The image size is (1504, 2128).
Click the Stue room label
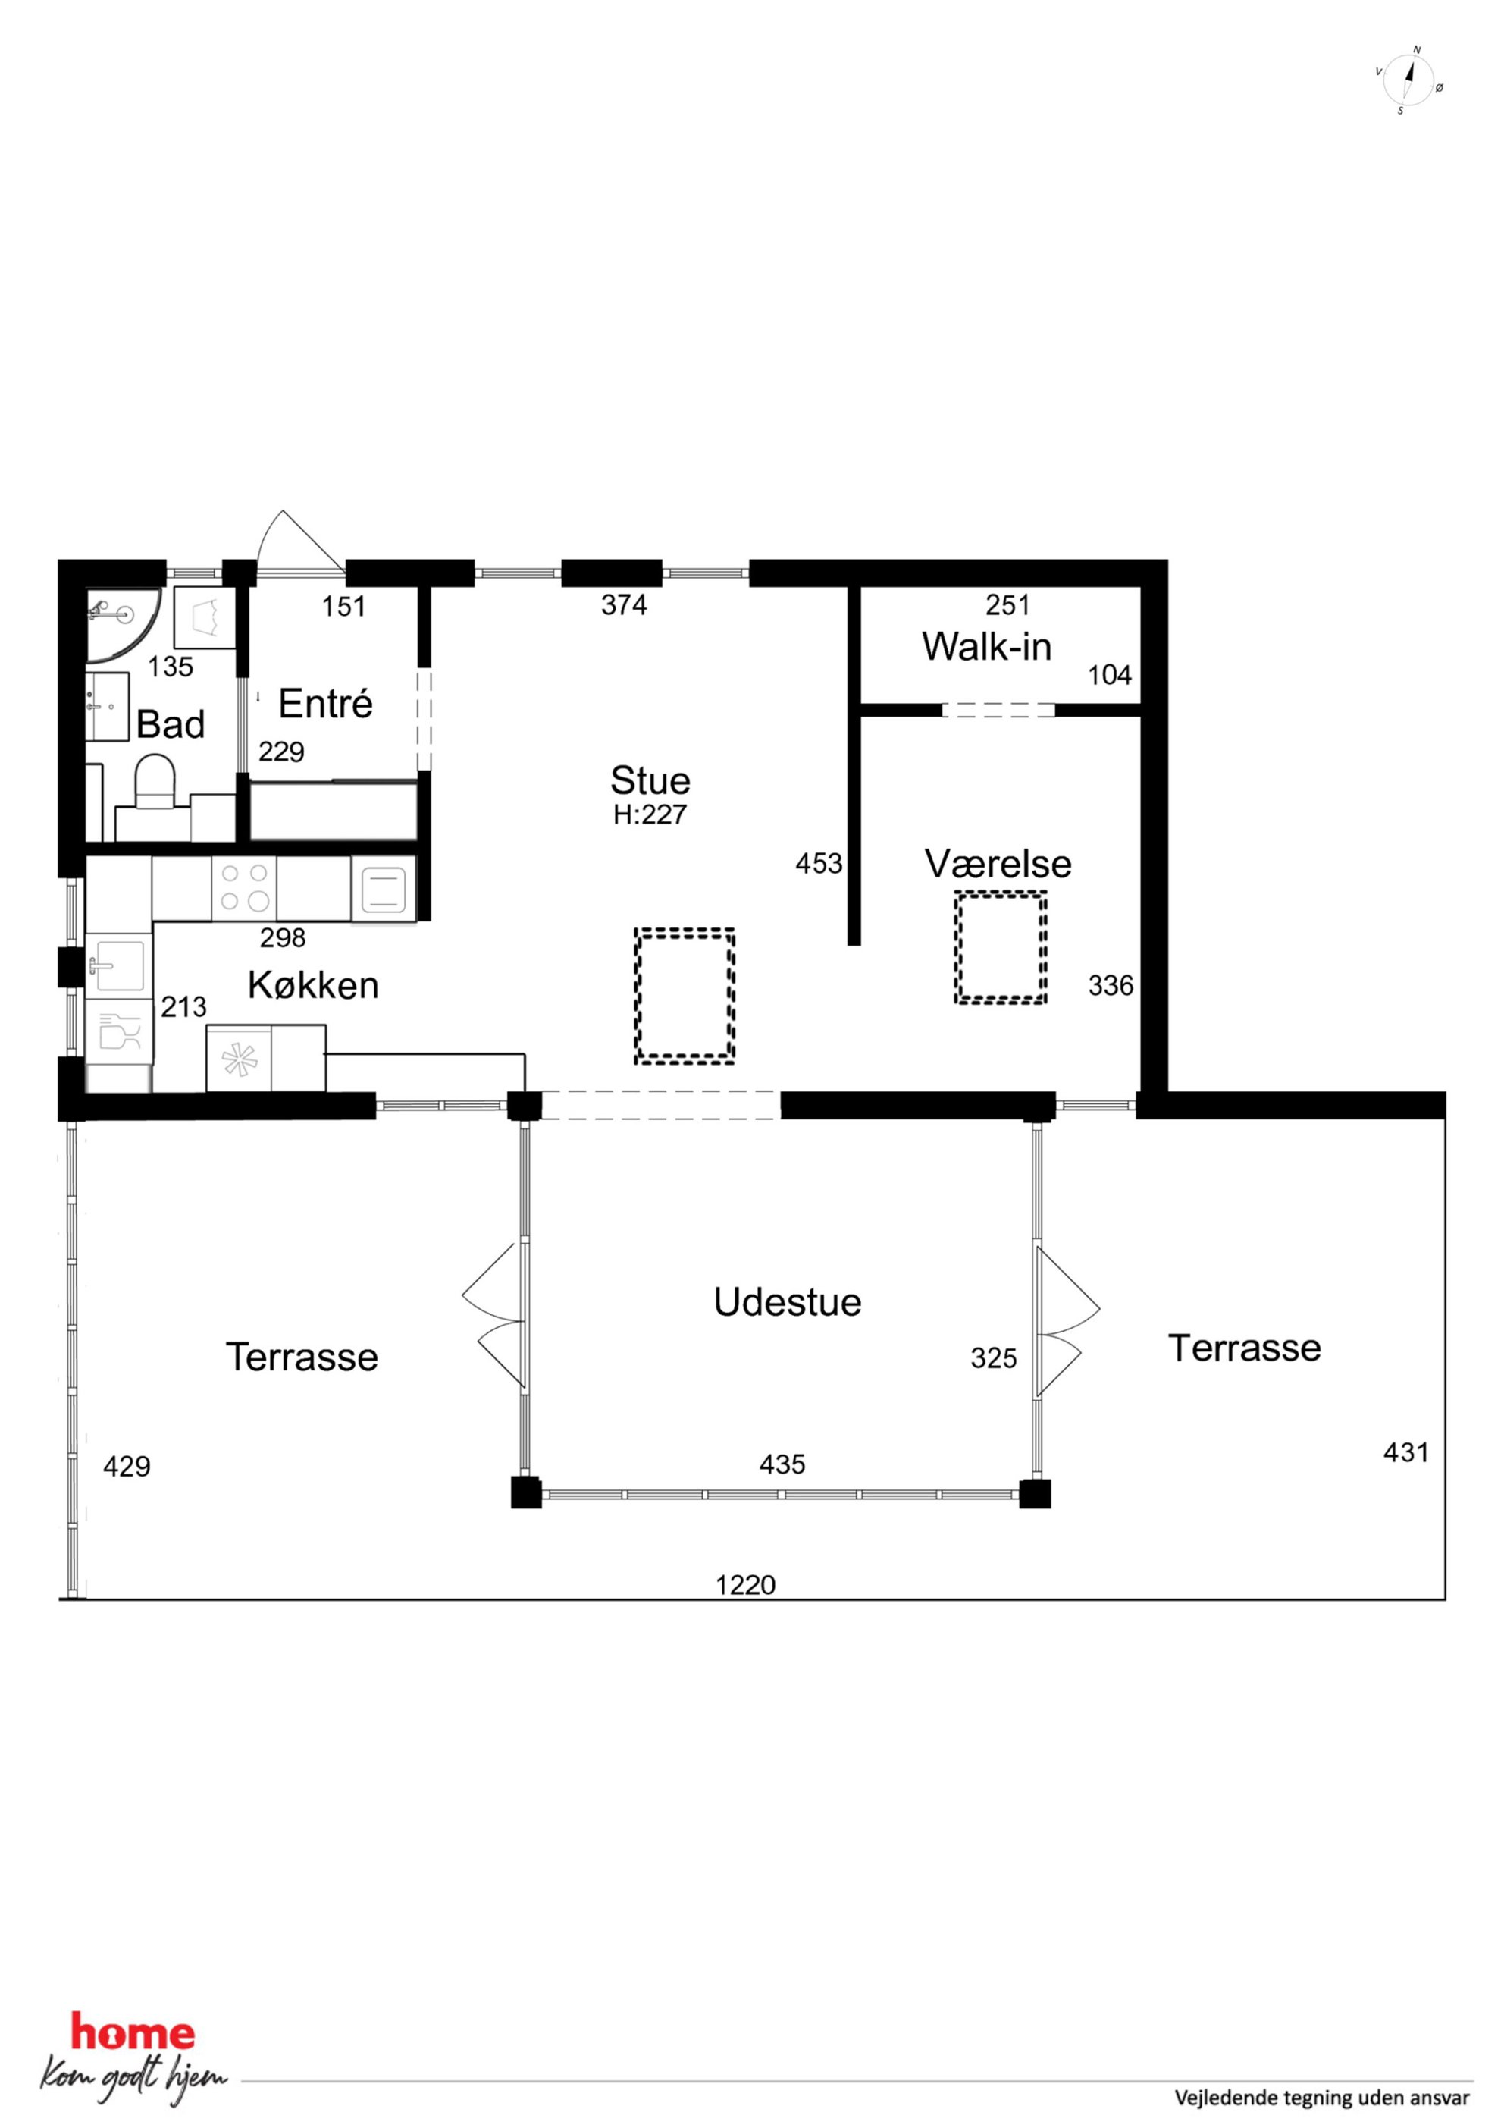coord(650,781)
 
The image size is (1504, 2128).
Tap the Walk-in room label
coord(986,647)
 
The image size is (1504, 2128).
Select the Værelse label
coord(998,864)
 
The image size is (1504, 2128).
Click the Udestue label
coord(788,1302)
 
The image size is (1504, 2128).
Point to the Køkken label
coord(313,985)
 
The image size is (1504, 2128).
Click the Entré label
coord(325,704)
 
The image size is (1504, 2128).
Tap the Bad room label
coord(171,723)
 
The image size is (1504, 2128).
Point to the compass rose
coord(1408,80)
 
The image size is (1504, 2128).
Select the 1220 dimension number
coord(745,1585)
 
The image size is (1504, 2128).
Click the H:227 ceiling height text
coord(650,815)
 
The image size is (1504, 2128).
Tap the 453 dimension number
coord(819,864)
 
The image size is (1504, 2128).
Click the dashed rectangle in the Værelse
coord(1001,947)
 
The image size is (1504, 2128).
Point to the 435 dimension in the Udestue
coord(782,1464)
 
